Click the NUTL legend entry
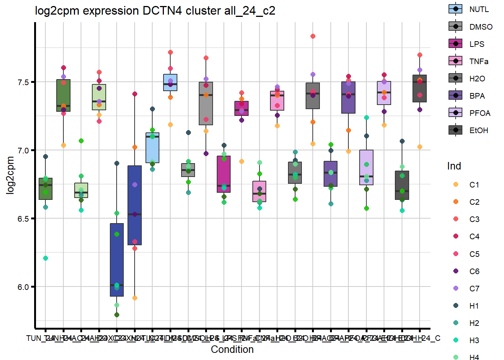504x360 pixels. coord(455,9)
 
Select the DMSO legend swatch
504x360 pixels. coord(455,26)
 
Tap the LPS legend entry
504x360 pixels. coord(455,44)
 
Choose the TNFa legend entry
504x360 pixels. coord(455,61)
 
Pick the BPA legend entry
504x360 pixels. coord(455,96)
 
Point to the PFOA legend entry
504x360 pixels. coord(455,113)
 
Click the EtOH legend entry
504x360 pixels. coord(455,130)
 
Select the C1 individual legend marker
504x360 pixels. coord(456,184)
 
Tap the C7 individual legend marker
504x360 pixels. coord(456,288)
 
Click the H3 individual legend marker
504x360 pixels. coord(456,340)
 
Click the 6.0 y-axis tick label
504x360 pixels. coord(23,287)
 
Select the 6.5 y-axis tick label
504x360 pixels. coord(23,219)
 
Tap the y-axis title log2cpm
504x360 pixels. coord(10,175)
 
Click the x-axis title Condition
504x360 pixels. coord(232,349)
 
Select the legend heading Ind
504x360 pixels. coord(454,166)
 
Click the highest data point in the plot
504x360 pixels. coord(313,36)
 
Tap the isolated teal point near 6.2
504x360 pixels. coord(45,258)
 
